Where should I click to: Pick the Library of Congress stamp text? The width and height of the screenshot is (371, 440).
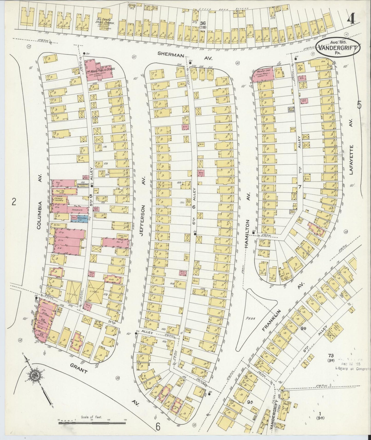click(353, 368)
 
